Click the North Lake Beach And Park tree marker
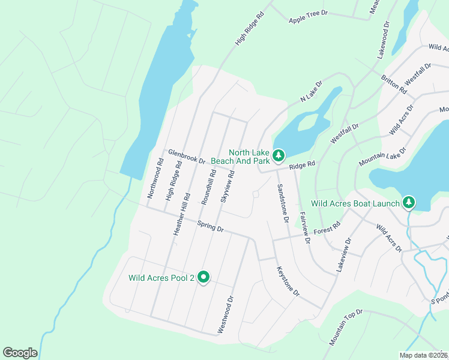pyautogui.click(x=278, y=156)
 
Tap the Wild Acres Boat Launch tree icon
pyautogui.click(x=409, y=203)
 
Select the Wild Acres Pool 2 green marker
pyautogui.click(x=203, y=277)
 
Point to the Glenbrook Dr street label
pyautogui.click(x=187, y=157)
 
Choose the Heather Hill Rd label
pyautogui.click(x=182, y=214)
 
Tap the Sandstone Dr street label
pyautogui.click(x=282, y=203)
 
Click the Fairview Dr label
pyautogui.click(x=304, y=227)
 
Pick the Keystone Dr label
pyautogui.click(x=288, y=281)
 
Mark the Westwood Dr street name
pyautogui.click(x=229, y=311)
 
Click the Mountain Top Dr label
pyautogui.click(x=346, y=327)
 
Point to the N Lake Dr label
pyautogui.click(x=311, y=91)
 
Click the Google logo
pyautogui.click(x=20, y=352)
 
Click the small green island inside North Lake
pyautogui.click(x=307, y=122)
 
